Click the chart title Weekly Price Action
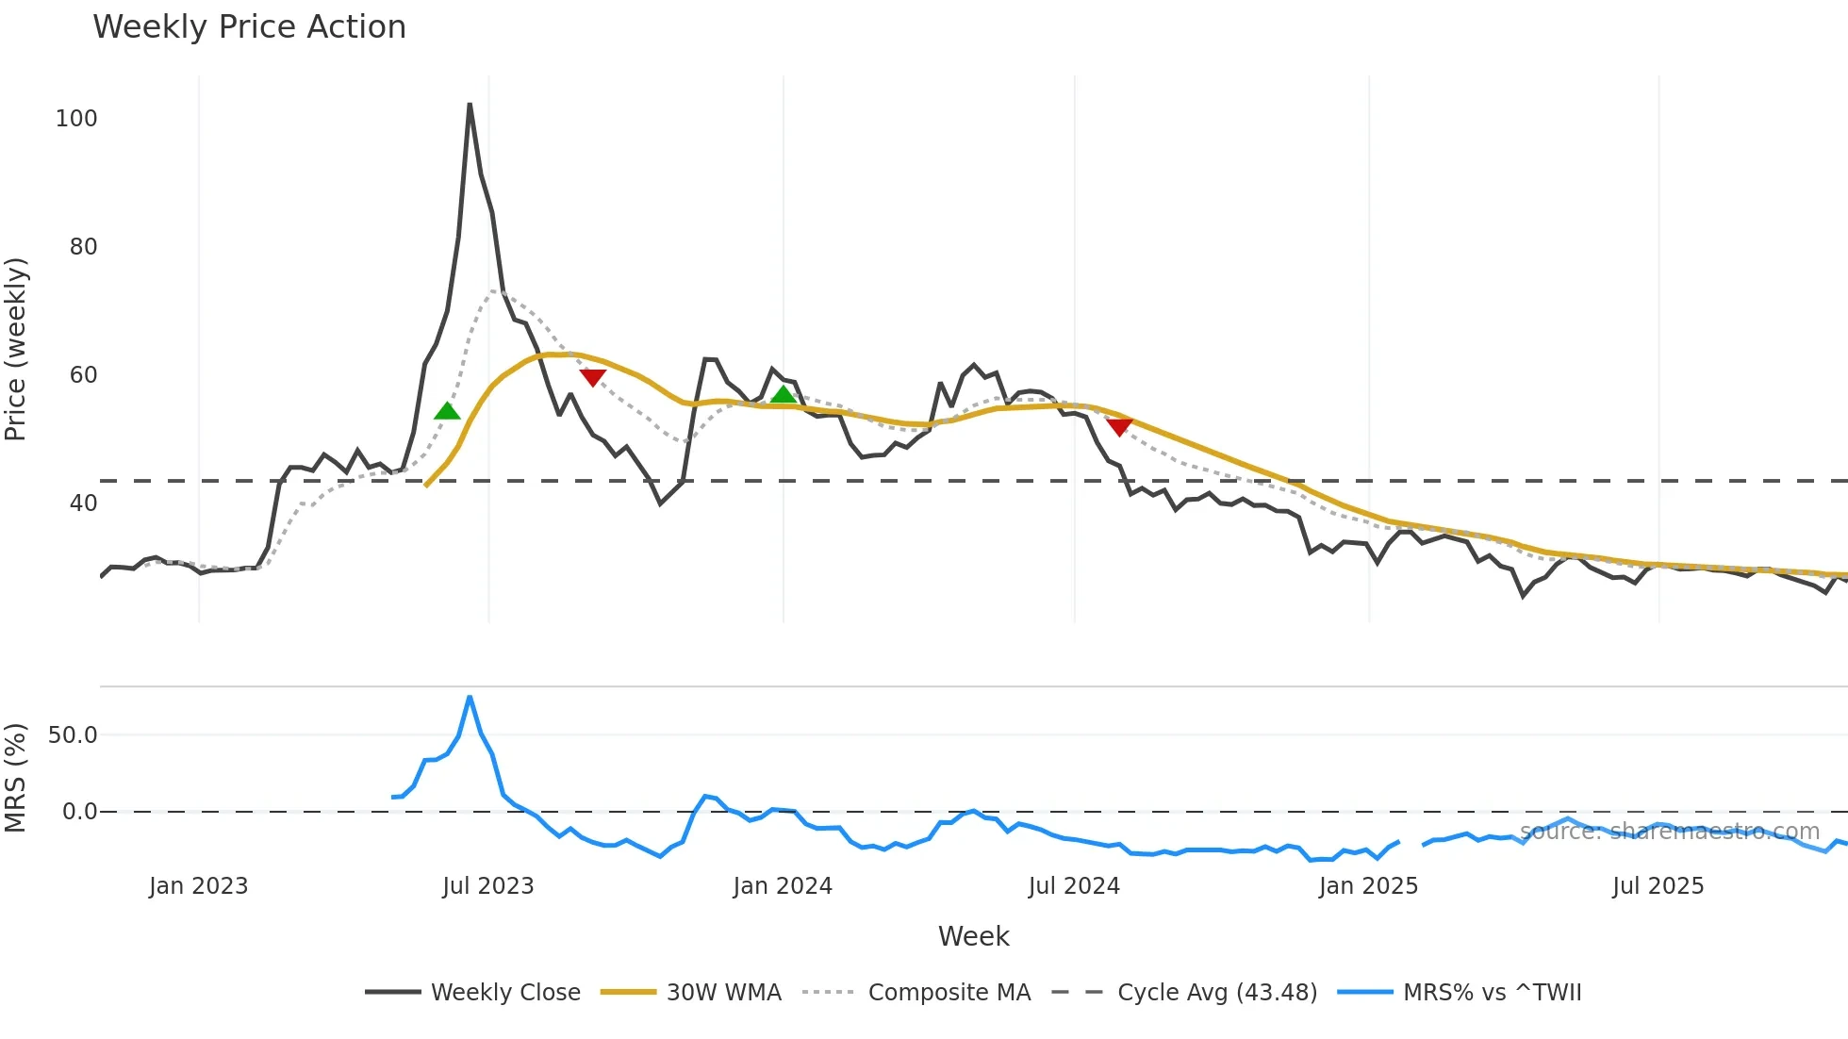click(249, 27)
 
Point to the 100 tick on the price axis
click(76, 119)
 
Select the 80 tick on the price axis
click(83, 247)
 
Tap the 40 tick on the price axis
click(83, 503)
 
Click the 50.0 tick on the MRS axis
click(73, 735)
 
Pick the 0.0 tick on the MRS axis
click(79, 812)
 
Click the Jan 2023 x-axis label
click(198, 886)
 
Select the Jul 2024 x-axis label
click(1074, 886)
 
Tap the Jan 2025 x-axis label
click(1368, 886)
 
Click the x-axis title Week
click(973, 936)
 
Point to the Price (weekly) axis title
click(16, 349)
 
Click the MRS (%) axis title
click(16, 778)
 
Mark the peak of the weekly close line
click(470, 104)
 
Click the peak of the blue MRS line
click(470, 697)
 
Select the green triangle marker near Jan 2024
click(784, 394)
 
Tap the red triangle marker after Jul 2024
click(1119, 427)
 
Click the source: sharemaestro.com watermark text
click(1669, 832)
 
